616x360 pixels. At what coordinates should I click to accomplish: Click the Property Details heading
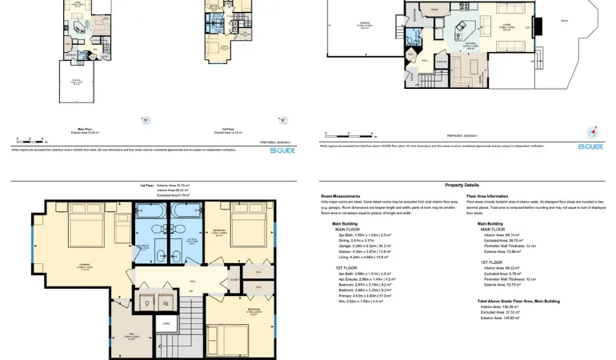462,185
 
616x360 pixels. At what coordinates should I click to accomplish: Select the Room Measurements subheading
340,196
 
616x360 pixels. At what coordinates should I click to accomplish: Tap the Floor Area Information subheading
486,196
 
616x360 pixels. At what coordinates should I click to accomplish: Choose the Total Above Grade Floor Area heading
518,302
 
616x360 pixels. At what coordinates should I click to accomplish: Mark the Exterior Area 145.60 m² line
500,318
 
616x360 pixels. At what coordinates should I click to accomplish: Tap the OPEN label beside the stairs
166,324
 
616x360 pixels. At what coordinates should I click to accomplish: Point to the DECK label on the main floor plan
564,21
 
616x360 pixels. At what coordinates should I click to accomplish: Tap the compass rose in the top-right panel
592,133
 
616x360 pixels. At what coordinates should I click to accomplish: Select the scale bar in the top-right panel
349,136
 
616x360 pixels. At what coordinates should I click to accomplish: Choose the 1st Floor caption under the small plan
227,129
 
